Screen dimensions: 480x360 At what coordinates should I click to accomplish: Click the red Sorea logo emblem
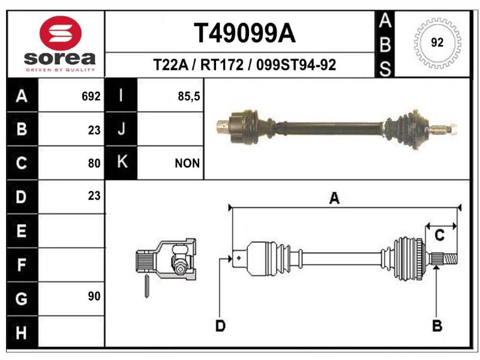[x=61, y=33]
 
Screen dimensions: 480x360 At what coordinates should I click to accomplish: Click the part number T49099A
[x=245, y=33]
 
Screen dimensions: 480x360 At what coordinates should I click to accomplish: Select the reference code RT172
[x=222, y=65]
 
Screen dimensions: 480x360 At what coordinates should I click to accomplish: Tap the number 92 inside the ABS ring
[x=437, y=42]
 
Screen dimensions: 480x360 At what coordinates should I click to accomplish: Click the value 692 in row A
[x=91, y=97]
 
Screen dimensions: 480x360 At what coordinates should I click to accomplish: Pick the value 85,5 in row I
[x=188, y=97]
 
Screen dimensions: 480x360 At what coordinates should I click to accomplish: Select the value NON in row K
[x=187, y=163]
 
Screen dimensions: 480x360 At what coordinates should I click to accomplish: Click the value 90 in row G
[x=94, y=296]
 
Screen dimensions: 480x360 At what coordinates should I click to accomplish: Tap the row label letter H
[x=21, y=333]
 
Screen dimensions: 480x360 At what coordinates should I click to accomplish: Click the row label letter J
[x=121, y=128]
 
